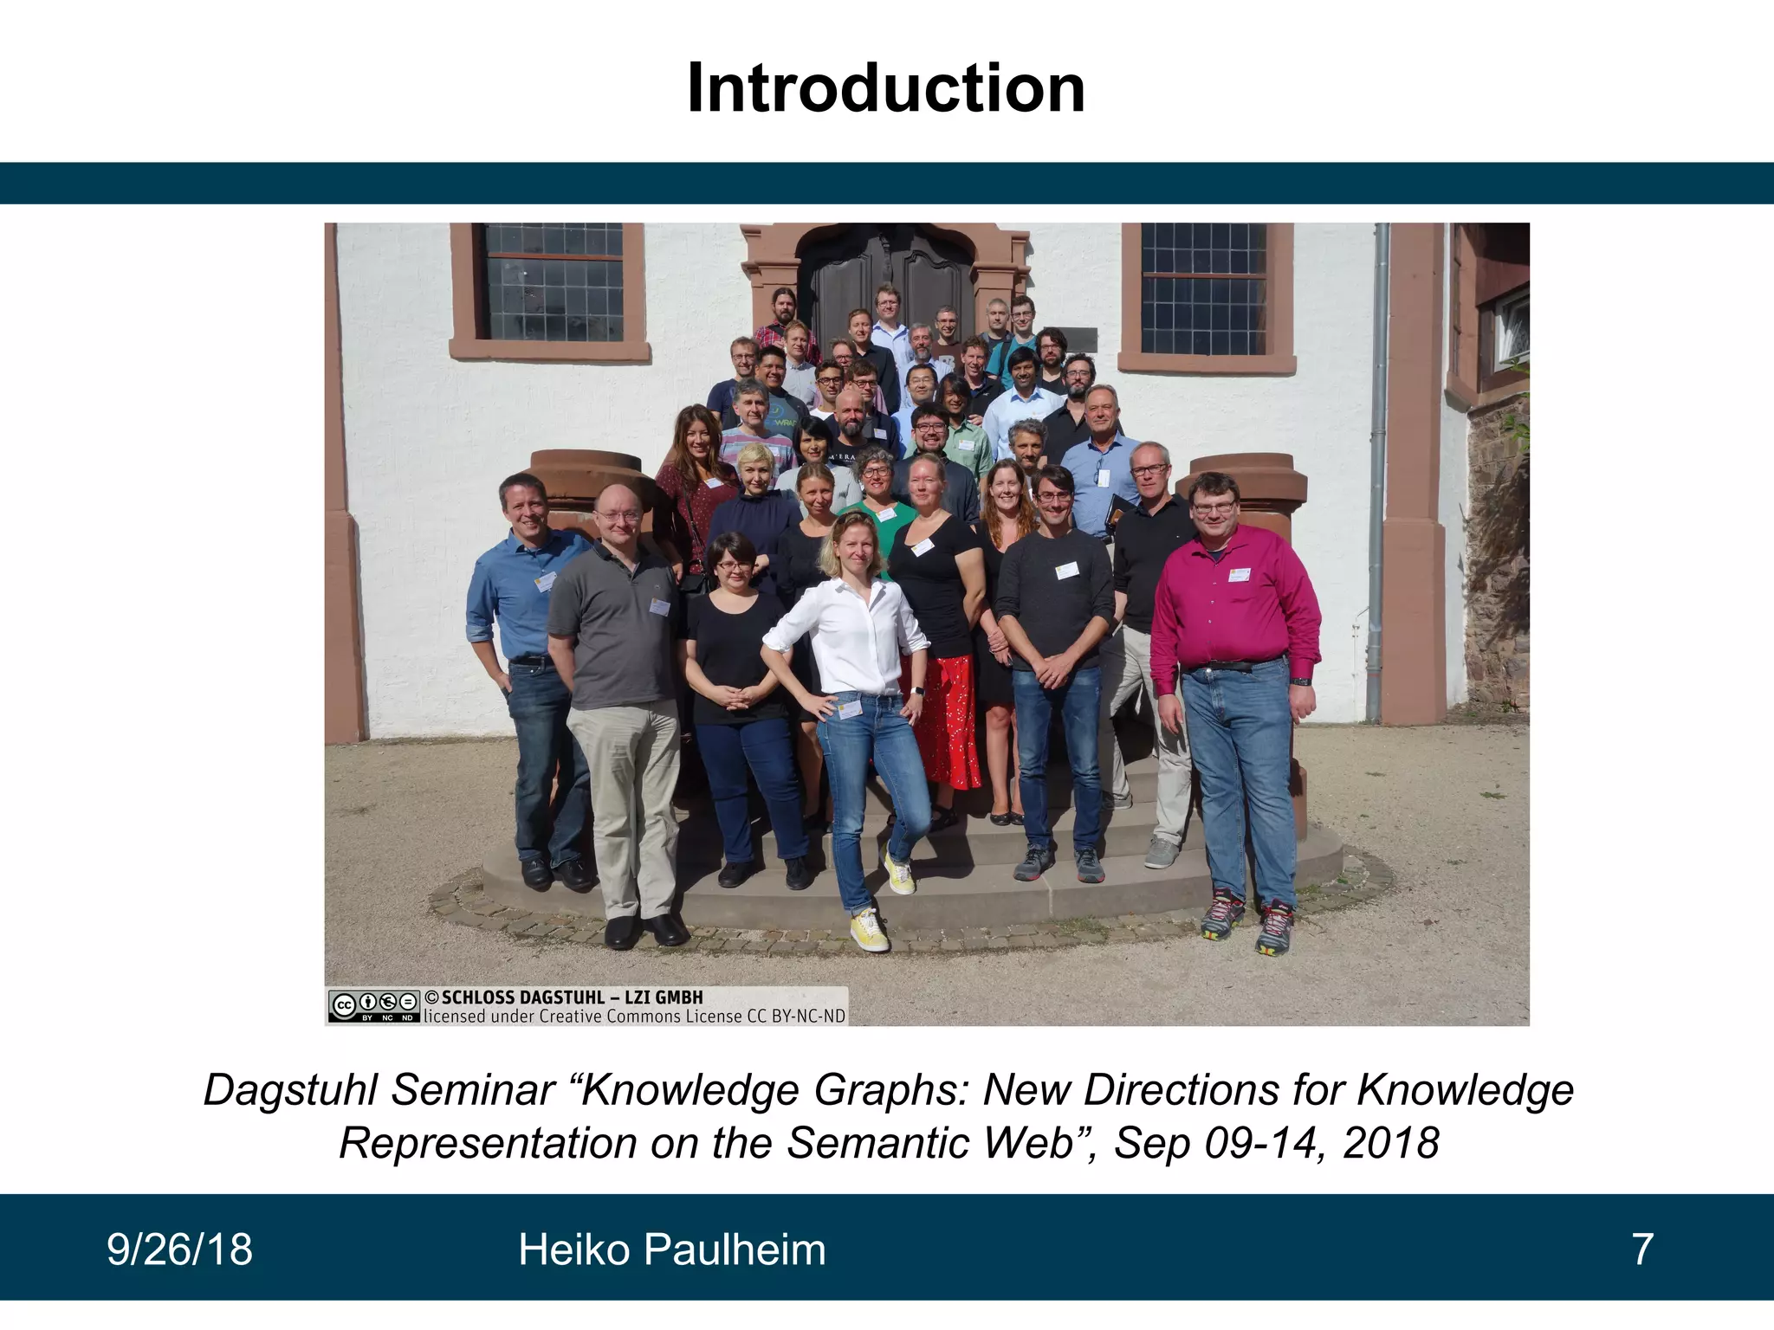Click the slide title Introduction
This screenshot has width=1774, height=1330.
tap(885, 89)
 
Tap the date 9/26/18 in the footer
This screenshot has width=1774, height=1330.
tap(179, 1249)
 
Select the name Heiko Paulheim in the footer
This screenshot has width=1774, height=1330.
tap(671, 1249)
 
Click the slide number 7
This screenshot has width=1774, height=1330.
tap(1642, 1249)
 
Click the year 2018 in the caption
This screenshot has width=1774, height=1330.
tap(1391, 1143)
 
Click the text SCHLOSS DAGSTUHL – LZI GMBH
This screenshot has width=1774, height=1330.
tap(572, 997)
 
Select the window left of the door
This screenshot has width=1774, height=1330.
tap(553, 281)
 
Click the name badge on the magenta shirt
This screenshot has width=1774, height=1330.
tap(1240, 574)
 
